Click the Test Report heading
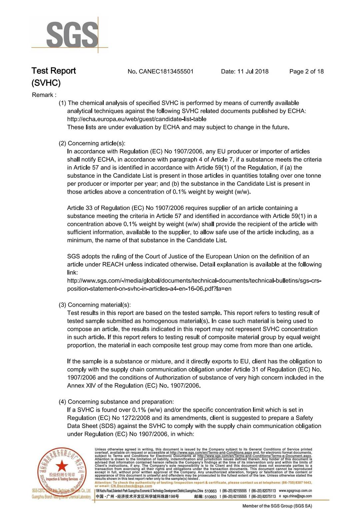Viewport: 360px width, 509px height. pos(54,71)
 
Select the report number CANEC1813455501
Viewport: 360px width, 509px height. pos(166,71)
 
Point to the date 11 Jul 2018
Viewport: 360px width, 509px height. pos(253,71)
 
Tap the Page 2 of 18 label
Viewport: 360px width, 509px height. pos(306,71)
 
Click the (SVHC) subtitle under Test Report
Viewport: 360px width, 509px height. pos(46,83)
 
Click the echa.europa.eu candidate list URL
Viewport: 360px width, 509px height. pos(137,119)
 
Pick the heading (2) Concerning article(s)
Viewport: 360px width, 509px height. pos(92,143)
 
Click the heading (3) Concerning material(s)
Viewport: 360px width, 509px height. pos(95,305)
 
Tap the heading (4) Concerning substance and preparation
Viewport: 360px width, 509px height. pos(116,402)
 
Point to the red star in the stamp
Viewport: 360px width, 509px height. pos(62,466)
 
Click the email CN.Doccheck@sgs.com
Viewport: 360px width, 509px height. pos(131,486)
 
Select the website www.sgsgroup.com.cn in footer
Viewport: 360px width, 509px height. pos(295,491)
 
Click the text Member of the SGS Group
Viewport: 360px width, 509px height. pos(277,506)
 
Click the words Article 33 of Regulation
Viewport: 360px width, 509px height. pos(99,208)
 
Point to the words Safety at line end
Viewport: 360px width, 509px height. pos(304,418)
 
